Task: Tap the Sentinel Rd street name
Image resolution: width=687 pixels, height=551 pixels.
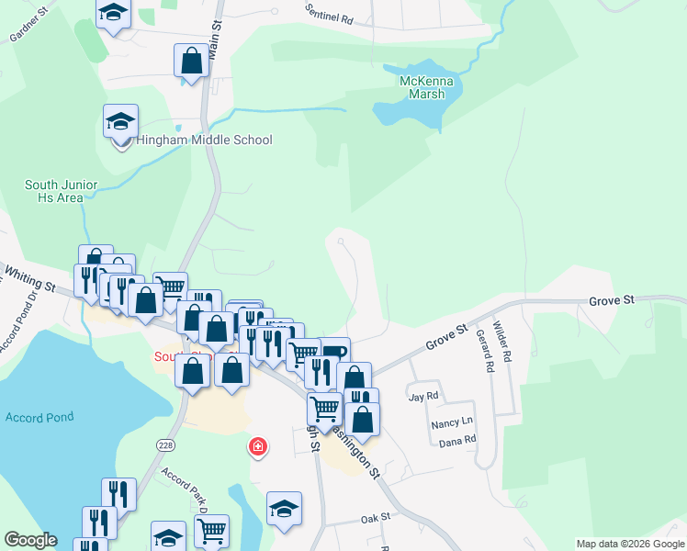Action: point(330,12)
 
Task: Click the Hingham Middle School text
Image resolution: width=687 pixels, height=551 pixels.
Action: point(204,141)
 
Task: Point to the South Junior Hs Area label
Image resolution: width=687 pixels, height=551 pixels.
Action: point(61,191)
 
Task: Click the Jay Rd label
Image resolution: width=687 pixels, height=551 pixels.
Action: point(423,397)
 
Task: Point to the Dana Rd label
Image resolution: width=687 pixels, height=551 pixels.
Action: point(457,440)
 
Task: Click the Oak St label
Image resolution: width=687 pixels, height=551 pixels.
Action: point(376,517)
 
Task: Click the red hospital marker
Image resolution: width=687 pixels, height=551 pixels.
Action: point(259,447)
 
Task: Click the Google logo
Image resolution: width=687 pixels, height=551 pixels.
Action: point(30,540)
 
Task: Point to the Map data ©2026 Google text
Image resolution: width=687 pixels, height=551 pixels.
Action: point(630,544)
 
